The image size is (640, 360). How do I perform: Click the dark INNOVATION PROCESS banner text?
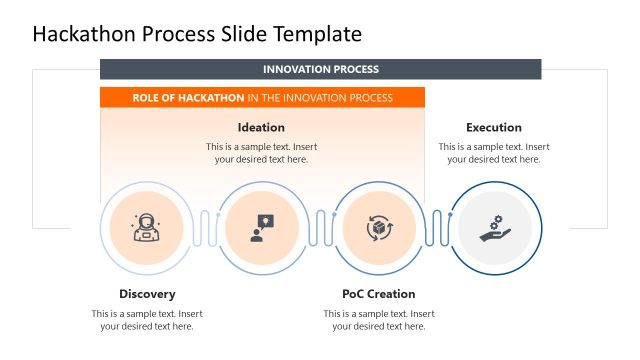pos(320,69)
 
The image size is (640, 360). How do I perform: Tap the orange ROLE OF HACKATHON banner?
pos(262,98)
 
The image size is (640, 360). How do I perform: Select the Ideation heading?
pos(261,127)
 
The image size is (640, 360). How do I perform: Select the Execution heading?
pos(493,127)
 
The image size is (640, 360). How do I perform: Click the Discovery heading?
pos(147,294)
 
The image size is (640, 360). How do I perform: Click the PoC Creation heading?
pos(378,294)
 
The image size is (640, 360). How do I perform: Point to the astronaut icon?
pos(146,228)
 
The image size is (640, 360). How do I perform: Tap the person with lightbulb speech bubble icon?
pos(262,228)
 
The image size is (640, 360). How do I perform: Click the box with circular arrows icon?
pos(379,228)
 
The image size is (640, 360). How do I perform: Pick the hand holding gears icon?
pos(494,228)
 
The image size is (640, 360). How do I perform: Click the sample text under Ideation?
pos(261,152)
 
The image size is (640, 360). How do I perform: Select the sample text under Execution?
pos(493,152)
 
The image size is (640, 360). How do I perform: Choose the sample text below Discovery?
pos(147,319)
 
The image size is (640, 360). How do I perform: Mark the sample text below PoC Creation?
pos(378,319)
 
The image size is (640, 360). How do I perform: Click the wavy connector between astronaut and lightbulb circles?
pos(204,228)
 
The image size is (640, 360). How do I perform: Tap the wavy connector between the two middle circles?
pos(320,228)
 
